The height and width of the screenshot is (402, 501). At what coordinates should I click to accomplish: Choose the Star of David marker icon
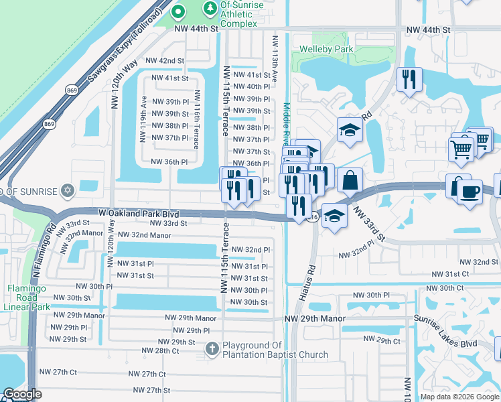point(66,192)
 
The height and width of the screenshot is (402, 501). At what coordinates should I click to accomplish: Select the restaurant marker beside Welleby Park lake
point(408,80)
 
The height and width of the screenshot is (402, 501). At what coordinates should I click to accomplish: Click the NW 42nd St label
point(166,60)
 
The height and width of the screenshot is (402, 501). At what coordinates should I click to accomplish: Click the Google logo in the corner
point(22,394)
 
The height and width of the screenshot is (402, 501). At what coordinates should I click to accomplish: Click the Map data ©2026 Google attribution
point(459,397)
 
